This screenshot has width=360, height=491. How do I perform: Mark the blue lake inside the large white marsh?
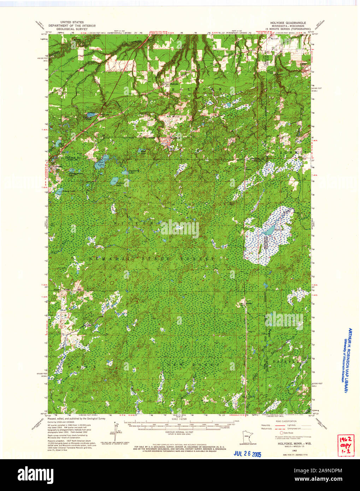(x=269, y=231)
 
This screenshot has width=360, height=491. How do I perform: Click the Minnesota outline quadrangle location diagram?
(x=248, y=437)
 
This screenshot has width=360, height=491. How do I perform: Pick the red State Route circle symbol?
(x=282, y=433)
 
